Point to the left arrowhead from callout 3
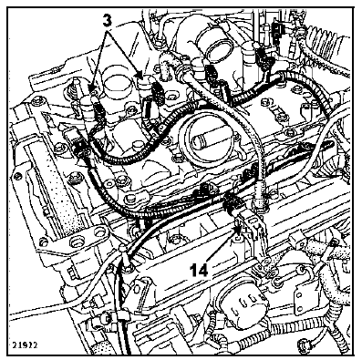95,85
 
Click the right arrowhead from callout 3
139,75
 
